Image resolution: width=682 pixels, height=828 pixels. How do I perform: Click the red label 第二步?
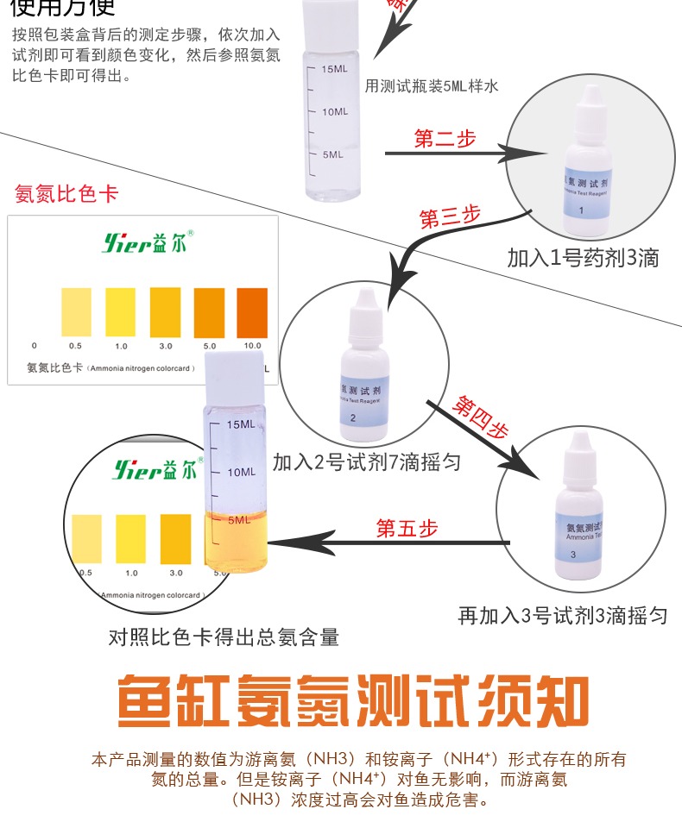(x=445, y=139)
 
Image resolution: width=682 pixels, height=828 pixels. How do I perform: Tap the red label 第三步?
(x=449, y=216)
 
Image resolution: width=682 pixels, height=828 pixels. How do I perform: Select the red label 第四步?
(x=481, y=417)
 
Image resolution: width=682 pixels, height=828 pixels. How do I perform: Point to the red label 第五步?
(x=407, y=529)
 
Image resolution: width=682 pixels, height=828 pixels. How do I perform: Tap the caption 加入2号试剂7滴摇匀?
(x=366, y=463)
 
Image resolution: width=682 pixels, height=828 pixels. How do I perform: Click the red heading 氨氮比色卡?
(x=66, y=194)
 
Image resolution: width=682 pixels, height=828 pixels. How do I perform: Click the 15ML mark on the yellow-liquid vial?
(x=240, y=424)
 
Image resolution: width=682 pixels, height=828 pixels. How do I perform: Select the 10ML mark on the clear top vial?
(x=333, y=111)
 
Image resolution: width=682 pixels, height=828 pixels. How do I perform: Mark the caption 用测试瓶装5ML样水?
(x=433, y=85)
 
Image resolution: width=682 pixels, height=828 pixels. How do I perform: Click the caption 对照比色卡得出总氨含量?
(x=224, y=638)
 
